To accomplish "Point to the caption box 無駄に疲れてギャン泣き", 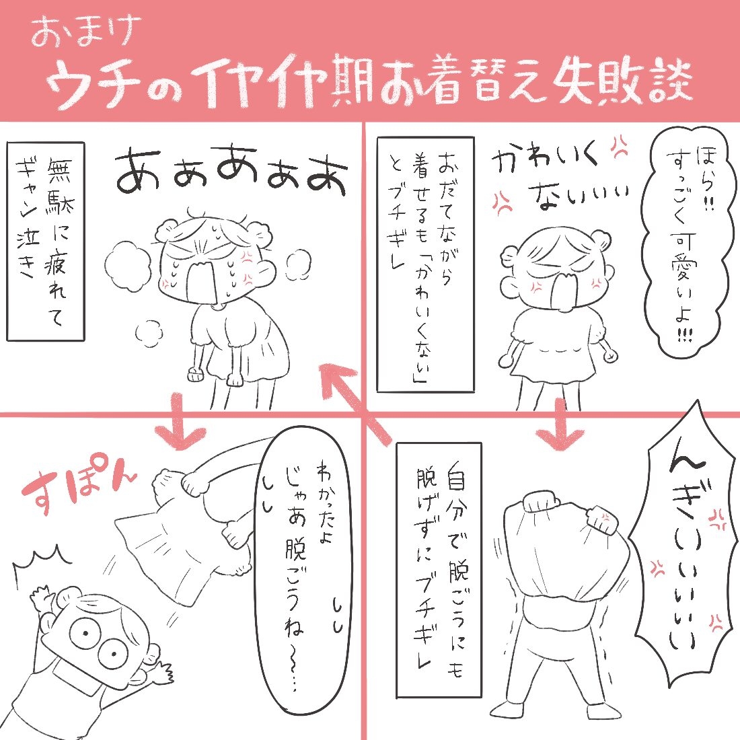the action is [46, 241].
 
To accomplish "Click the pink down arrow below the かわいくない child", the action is [560, 423].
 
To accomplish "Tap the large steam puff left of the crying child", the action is [126, 261].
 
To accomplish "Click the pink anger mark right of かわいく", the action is [620, 147].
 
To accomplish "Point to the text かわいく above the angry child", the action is [543, 159].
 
